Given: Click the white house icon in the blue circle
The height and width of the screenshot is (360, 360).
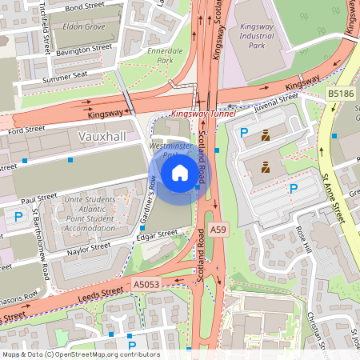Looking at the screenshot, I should [180, 172].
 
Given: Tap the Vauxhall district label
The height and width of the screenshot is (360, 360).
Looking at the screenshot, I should [102, 137].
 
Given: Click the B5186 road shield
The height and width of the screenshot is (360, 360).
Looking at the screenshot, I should [340, 94].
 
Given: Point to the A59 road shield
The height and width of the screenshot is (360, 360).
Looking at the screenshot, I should [218, 230].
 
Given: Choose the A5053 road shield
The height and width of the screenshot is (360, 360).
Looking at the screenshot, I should [146, 284].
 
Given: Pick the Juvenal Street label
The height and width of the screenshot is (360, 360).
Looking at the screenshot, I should [276, 98].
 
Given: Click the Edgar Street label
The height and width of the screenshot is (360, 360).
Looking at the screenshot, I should [156, 234].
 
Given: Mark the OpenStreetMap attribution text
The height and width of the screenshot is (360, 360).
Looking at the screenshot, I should [80, 354].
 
